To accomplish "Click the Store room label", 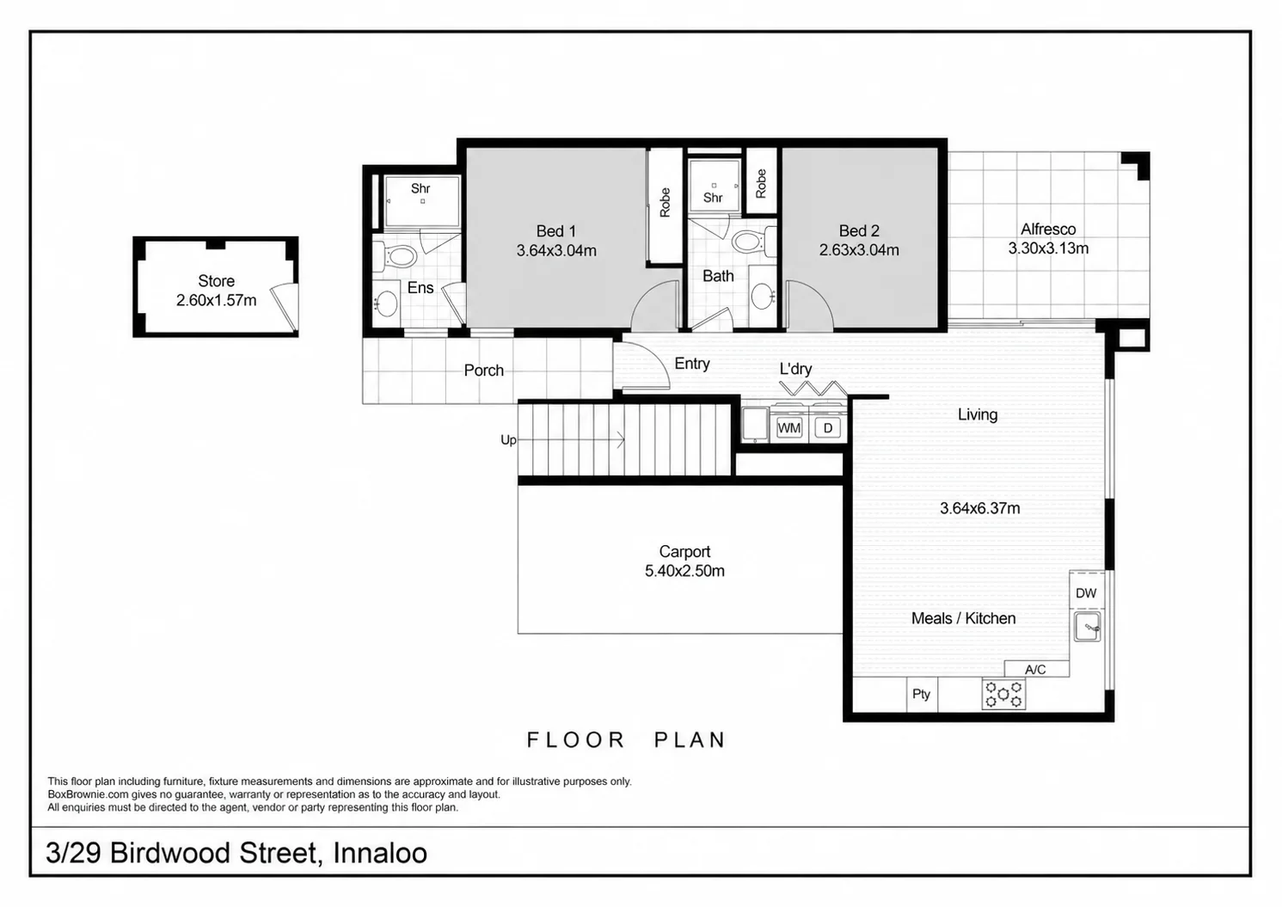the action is pyautogui.click(x=217, y=281).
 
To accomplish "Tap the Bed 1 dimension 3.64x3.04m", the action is pyautogui.click(x=556, y=251).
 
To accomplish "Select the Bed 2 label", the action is pyautogui.click(x=858, y=230).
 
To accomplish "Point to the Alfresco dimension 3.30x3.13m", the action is pyautogui.click(x=1048, y=248).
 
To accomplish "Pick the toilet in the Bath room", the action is pyautogui.click(x=754, y=241).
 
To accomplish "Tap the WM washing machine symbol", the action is pyautogui.click(x=789, y=428).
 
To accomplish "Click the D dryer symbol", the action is pyautogui.click(x=827, y=428).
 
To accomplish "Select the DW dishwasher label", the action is pyautogui.click(x=1086, y=593).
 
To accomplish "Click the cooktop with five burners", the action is pyautogui.click(x=1003, y=694).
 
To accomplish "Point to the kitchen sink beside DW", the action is pyautogui.click(x=1086, y=627).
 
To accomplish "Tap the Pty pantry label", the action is pyautogui.click(x=921, y=694).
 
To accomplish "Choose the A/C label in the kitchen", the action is pyautogui.click(x=1035, y=670).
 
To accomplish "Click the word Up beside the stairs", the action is pyautogui.click(x=508, y=440).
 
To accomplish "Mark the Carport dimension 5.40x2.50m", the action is pyautogui.click(x=684, y=571).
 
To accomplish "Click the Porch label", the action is pyautogui.click(x=483, y=371).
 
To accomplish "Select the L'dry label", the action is pyautogui.click(x=795, y=369).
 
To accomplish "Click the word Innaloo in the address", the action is pyautogui.click(x=380, y=853).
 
